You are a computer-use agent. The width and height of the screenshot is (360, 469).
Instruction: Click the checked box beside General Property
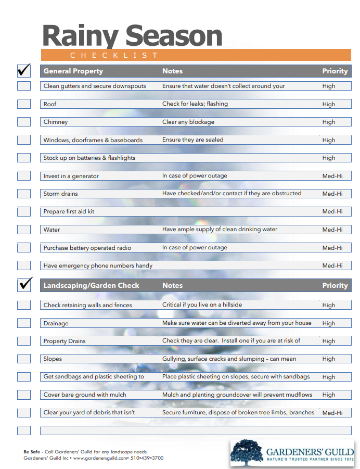24,70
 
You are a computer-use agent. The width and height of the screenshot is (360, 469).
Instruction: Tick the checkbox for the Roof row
24,104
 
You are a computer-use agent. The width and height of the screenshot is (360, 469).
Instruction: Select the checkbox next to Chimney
24,122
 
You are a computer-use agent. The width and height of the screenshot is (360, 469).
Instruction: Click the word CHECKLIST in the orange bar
114,55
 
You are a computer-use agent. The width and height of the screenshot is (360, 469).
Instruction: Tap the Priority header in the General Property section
335,71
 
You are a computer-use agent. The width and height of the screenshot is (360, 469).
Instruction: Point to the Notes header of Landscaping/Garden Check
172,285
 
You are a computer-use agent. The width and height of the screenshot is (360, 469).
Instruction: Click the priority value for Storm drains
332,194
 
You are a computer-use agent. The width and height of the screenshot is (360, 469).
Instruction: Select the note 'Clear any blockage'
188,122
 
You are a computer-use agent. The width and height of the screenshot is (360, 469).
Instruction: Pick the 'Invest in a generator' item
71,176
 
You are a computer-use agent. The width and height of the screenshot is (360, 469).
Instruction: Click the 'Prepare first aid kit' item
69,212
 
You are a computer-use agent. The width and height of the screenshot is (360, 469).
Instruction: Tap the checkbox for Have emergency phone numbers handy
24,265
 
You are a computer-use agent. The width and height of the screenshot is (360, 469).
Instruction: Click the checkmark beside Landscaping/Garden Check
25,284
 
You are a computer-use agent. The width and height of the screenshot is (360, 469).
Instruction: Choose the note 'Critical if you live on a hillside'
202,305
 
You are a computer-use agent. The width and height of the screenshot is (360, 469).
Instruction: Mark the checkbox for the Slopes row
24,359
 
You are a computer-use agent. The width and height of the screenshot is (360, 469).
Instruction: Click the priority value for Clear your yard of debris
332,413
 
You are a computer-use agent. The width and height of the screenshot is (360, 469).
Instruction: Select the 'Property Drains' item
65,341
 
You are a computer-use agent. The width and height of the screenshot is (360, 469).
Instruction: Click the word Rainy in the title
81,36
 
